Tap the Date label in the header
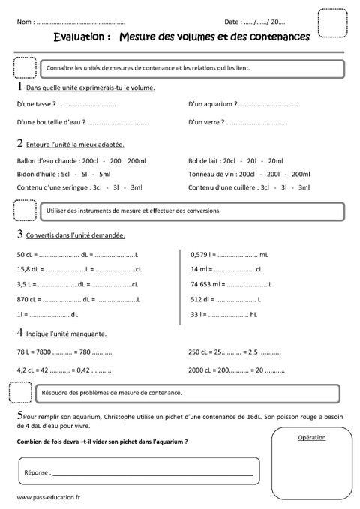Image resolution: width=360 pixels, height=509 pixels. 232,22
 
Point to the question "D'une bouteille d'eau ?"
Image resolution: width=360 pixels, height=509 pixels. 50,121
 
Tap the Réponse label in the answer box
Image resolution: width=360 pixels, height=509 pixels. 37,473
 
